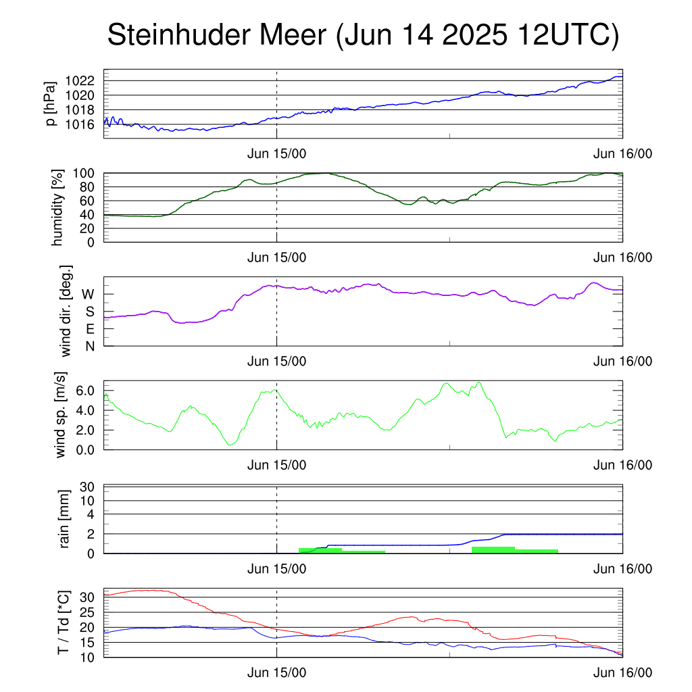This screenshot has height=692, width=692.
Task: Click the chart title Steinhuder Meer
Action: coord(217,34)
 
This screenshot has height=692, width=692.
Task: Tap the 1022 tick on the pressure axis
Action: coord(80,81)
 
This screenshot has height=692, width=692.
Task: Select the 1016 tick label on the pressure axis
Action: coord(80,124)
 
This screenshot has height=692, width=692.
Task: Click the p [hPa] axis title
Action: coord(51,103)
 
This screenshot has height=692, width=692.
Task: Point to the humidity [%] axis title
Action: coord(57,207)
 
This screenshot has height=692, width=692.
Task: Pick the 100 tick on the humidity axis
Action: coord(84,174)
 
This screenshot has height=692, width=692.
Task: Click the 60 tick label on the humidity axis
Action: coord(87,201)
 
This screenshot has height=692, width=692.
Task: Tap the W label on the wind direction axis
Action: coord(89,295)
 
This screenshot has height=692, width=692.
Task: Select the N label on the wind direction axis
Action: coord(90,347)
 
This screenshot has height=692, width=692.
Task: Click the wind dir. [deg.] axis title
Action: coord(66,311)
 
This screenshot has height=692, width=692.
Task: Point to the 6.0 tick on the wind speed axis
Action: coord(85,391)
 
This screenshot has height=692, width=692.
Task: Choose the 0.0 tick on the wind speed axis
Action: coord(85,450)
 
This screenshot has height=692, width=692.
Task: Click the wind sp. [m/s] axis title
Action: coord(60,415)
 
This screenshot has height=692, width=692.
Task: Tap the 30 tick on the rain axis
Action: coord(87,487)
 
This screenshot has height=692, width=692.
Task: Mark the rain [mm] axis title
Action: coord(64,519)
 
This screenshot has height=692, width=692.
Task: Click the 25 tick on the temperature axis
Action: coord(87,612)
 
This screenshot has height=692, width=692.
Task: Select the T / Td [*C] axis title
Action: coord(64,622)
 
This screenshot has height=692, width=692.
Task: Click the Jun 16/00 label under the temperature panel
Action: coord(622,672)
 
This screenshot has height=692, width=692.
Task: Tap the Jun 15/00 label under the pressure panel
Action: coord(276,153)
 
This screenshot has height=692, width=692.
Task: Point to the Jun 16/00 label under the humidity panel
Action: coord(622,257)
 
